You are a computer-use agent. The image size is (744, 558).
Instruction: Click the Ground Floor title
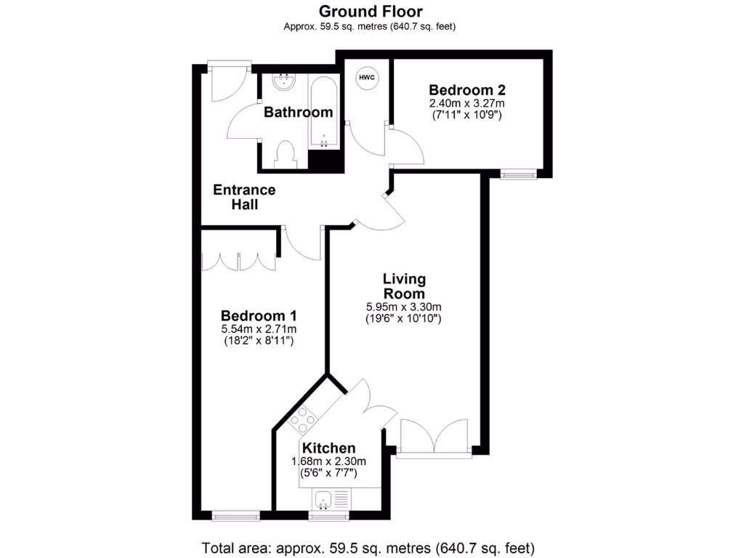[x=371, y=11]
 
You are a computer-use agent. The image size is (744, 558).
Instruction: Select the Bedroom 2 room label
[x=466, y=90]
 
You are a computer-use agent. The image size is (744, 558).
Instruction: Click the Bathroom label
[x=298, y=113]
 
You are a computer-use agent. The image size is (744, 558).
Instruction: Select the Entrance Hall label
[x=244, y=197]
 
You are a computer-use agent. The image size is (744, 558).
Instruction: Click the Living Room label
[x=404, y=286]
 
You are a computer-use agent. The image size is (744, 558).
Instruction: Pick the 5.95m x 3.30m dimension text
[x=404, y=306]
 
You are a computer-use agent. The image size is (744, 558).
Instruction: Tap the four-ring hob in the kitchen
[x=303, y=419]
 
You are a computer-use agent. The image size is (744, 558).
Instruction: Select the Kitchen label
[x=329, y=448]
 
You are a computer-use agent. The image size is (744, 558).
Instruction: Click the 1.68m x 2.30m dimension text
[x=329, y=461]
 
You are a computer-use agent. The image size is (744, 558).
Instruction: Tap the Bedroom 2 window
[x=519, y=174]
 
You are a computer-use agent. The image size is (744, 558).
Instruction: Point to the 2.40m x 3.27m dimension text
[x=466, y=103]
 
